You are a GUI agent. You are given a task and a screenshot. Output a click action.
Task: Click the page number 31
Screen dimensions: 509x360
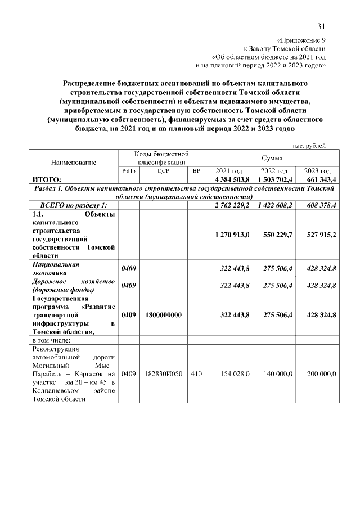click(x=321, y=26)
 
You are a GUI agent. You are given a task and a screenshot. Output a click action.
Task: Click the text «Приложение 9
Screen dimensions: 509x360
click(x=302, y=40)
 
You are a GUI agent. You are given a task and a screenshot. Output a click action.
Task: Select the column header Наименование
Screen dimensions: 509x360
click(x=74, y=162)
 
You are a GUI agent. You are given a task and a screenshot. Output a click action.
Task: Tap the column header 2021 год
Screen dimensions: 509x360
click(x=229, y=170)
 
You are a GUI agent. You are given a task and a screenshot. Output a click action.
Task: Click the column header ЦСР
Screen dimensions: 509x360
click(x=164, y=170)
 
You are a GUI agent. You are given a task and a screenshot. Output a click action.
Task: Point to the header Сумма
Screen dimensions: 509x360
click(x=272, y=158)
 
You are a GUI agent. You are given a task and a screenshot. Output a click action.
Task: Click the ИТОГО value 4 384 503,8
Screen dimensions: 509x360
click(x=229, y=179)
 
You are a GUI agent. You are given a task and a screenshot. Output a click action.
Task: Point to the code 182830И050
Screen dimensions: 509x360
click(x=164, y=373)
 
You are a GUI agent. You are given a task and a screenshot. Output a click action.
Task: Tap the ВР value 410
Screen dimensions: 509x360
click(x=196, y=373)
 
